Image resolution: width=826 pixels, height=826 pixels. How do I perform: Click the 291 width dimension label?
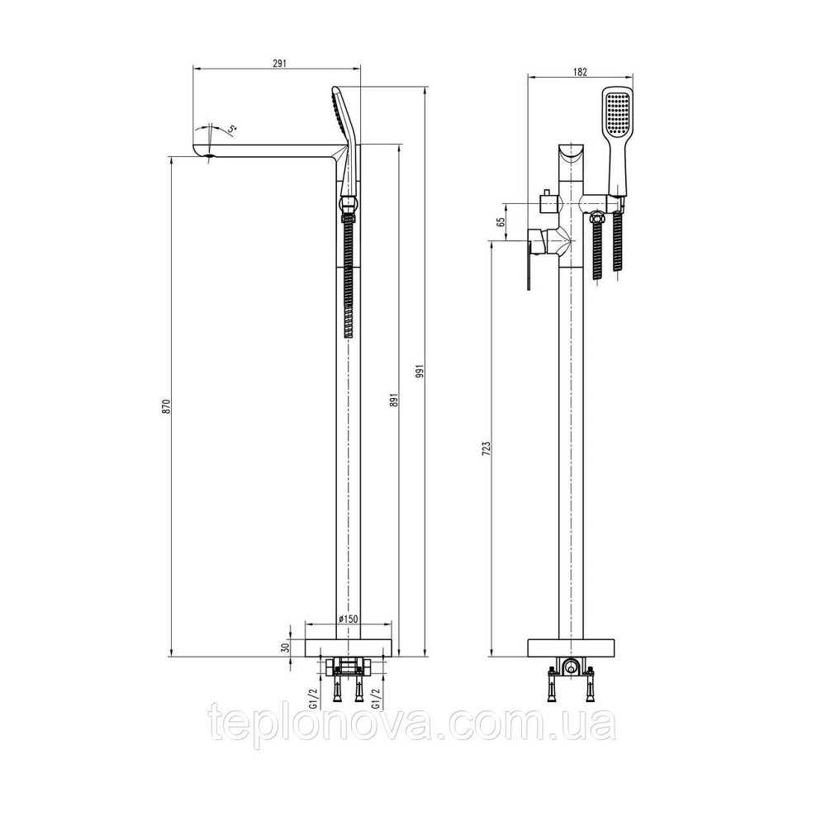point(278,60)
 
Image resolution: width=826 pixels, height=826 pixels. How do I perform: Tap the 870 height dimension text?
point(165,406)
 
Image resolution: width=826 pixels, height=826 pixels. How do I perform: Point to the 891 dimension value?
point(394,398)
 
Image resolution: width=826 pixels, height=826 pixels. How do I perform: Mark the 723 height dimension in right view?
point(487,449)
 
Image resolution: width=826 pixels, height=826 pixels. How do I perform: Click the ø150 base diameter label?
point(347,619)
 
